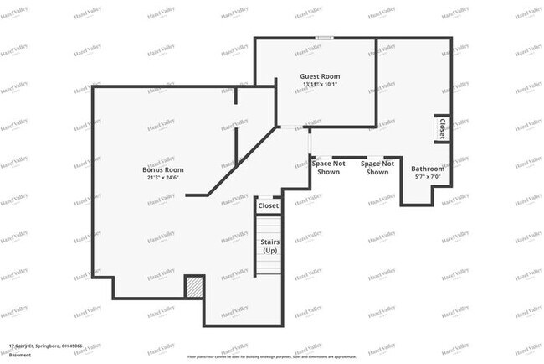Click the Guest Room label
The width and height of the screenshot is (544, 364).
coord(320,76)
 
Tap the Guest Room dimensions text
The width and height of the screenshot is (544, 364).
coord(320,85)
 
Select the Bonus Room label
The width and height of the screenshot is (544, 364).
coord(162,169)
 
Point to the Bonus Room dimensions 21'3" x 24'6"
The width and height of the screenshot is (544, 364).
coord(162,177)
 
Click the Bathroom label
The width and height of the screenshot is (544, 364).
coord(427,169)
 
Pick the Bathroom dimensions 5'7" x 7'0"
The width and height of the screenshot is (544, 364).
coord(427,177)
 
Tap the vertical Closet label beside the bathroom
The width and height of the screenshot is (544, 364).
coord(441,128)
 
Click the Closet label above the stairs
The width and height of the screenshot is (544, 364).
coord(269,205)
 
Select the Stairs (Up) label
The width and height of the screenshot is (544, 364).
coord(269,247)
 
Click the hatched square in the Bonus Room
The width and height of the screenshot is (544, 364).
coord(194,286)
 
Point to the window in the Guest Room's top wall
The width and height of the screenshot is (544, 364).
coord(325,38)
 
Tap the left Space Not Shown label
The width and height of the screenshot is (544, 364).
coord(328,168)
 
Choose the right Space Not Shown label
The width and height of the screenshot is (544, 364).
coord(377,168)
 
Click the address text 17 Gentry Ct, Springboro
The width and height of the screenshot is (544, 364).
coord(46,345)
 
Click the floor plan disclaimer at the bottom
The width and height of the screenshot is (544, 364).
coord(273,356)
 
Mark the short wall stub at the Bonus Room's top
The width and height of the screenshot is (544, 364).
coord(236,96)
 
